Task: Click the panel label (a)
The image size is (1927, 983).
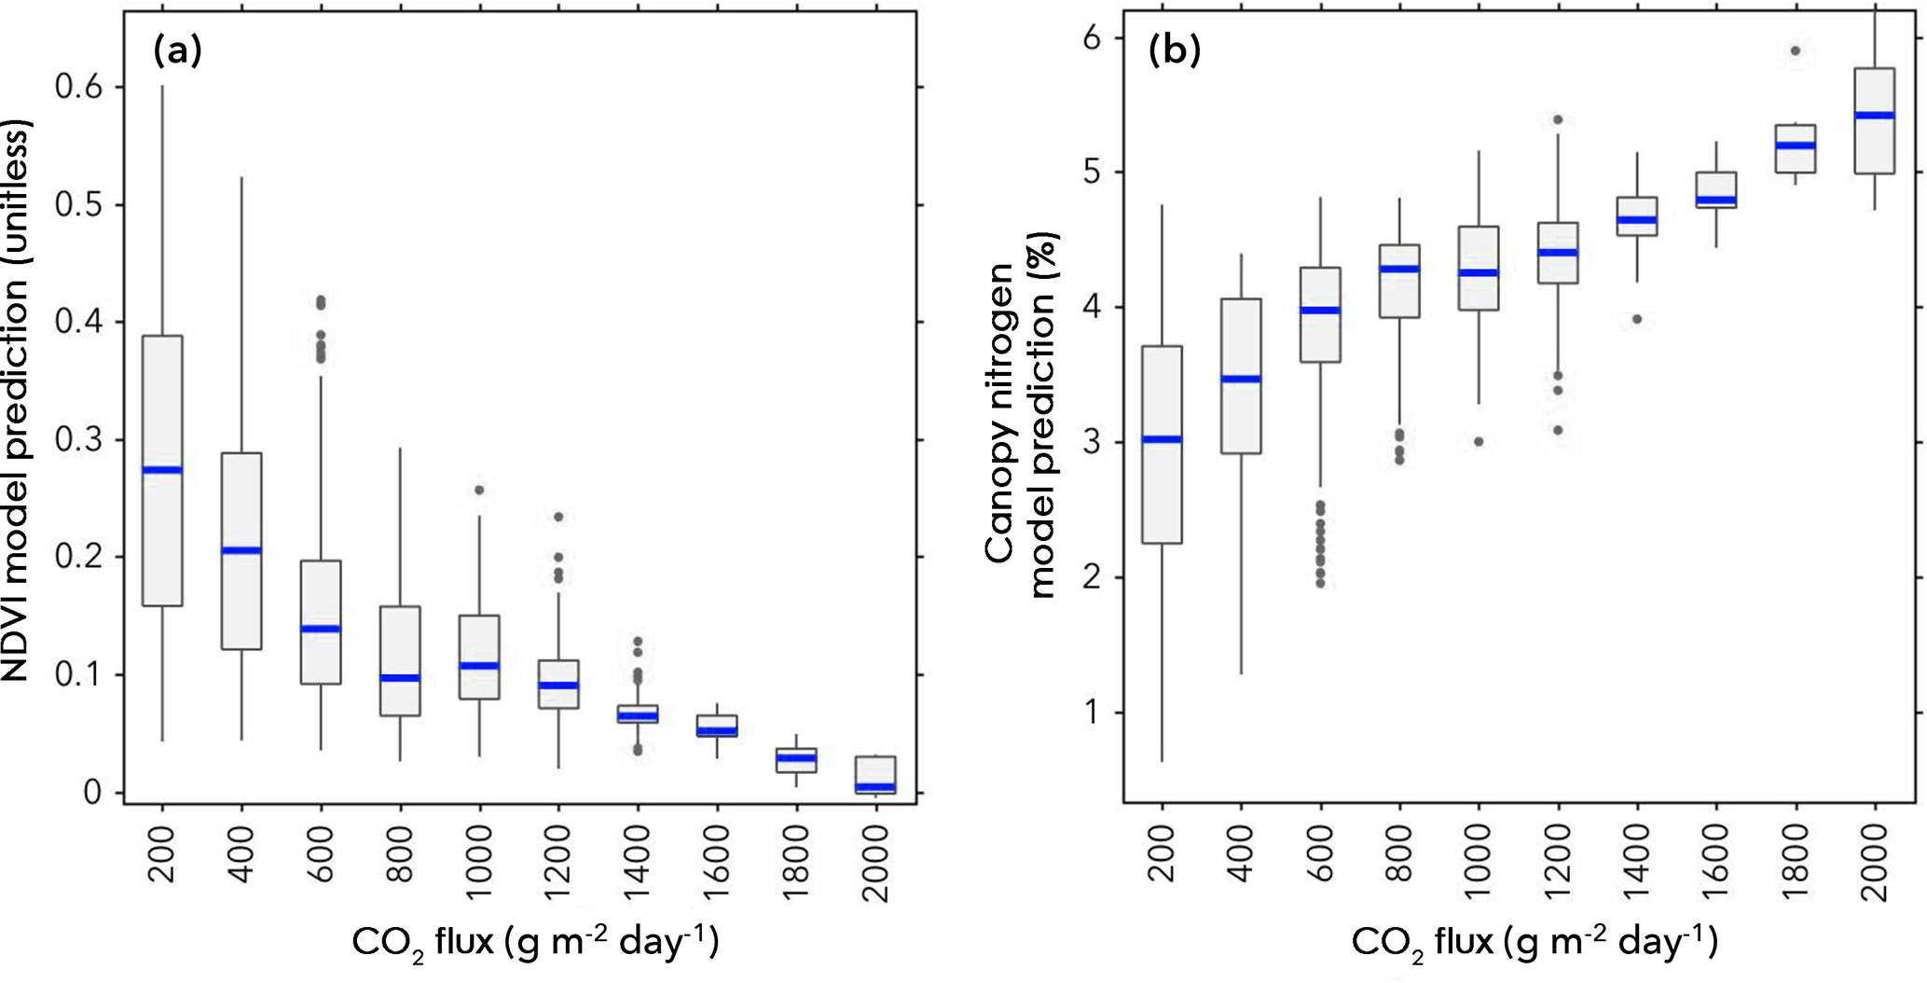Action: click(x=177, y=51)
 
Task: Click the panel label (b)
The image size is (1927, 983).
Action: click(x=1174, y=51)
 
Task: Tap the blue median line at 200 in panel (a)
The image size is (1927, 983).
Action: click(x=162, y=469)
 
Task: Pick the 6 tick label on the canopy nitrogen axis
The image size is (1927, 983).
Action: click(x=1092, y=38)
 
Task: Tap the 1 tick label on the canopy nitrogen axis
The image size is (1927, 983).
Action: click(x=1092, y=713)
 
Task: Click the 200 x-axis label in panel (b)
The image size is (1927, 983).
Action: click(x=1163, y=852)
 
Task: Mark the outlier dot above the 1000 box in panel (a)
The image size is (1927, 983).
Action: click(x=479, y=490)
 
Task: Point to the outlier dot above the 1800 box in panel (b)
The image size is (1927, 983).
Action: click(x=1796, y=50)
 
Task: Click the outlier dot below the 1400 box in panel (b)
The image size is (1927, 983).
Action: click(x=1636, y=319)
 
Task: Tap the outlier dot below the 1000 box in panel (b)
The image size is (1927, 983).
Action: click(x=1478, y=441)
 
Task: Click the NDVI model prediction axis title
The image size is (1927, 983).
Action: click(x=16, y=401)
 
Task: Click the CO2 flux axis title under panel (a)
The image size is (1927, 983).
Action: click(x=535, y=941)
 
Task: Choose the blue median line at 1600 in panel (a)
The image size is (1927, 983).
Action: click(x=717, y=730)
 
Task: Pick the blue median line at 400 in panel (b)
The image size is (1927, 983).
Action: click(x=1241, y=379)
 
